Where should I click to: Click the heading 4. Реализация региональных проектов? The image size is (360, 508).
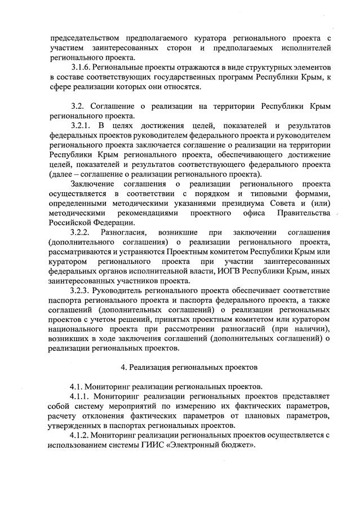(190, 367)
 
